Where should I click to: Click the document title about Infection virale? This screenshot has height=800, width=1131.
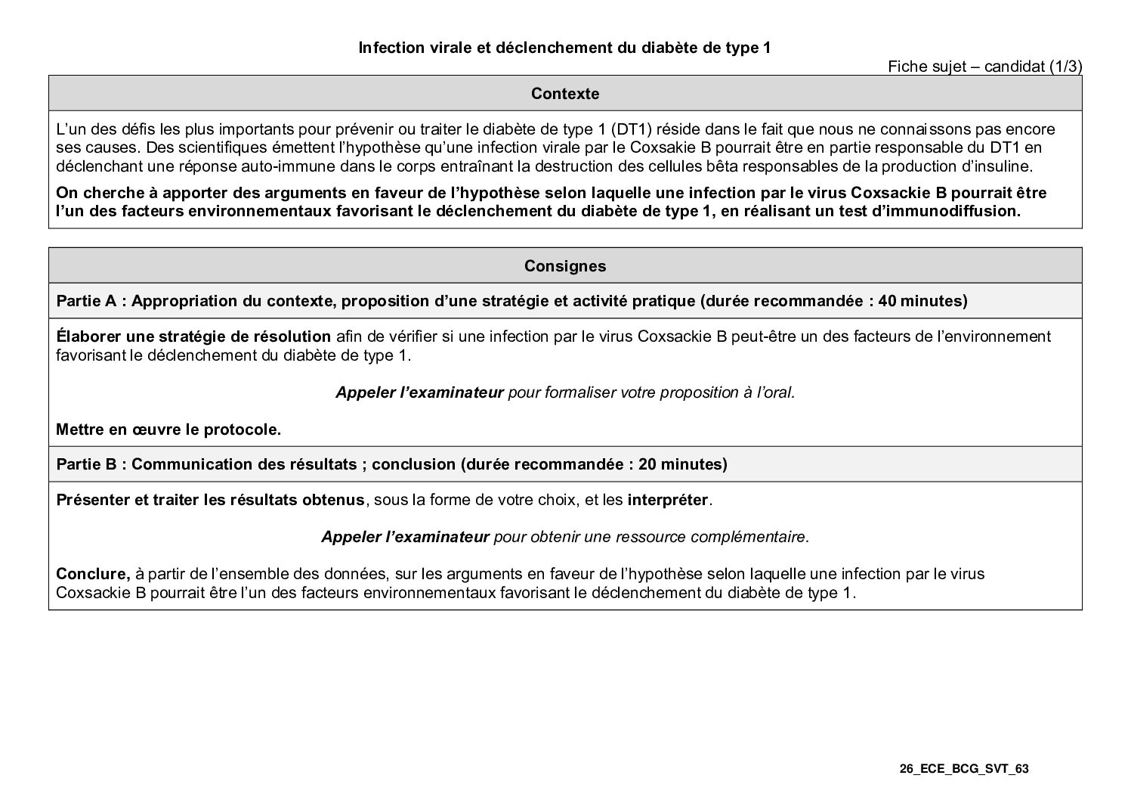pyautogui.click(x=564, y=48)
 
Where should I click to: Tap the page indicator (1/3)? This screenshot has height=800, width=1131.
pyautogui.click(x=1065, y=67)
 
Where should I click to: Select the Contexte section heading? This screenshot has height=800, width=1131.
pyautogui.click(x=564, y=94)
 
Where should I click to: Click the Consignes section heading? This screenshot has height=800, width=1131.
pyautogui.click(x=564, y=266)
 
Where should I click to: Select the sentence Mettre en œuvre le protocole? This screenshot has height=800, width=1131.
pyautogui.click(x=168, y=430)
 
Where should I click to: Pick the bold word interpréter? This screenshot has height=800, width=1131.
pyautogui.click(x=668, y=501)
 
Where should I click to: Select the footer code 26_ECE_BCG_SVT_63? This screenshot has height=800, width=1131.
pyautogui.click(x=963, y=769)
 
